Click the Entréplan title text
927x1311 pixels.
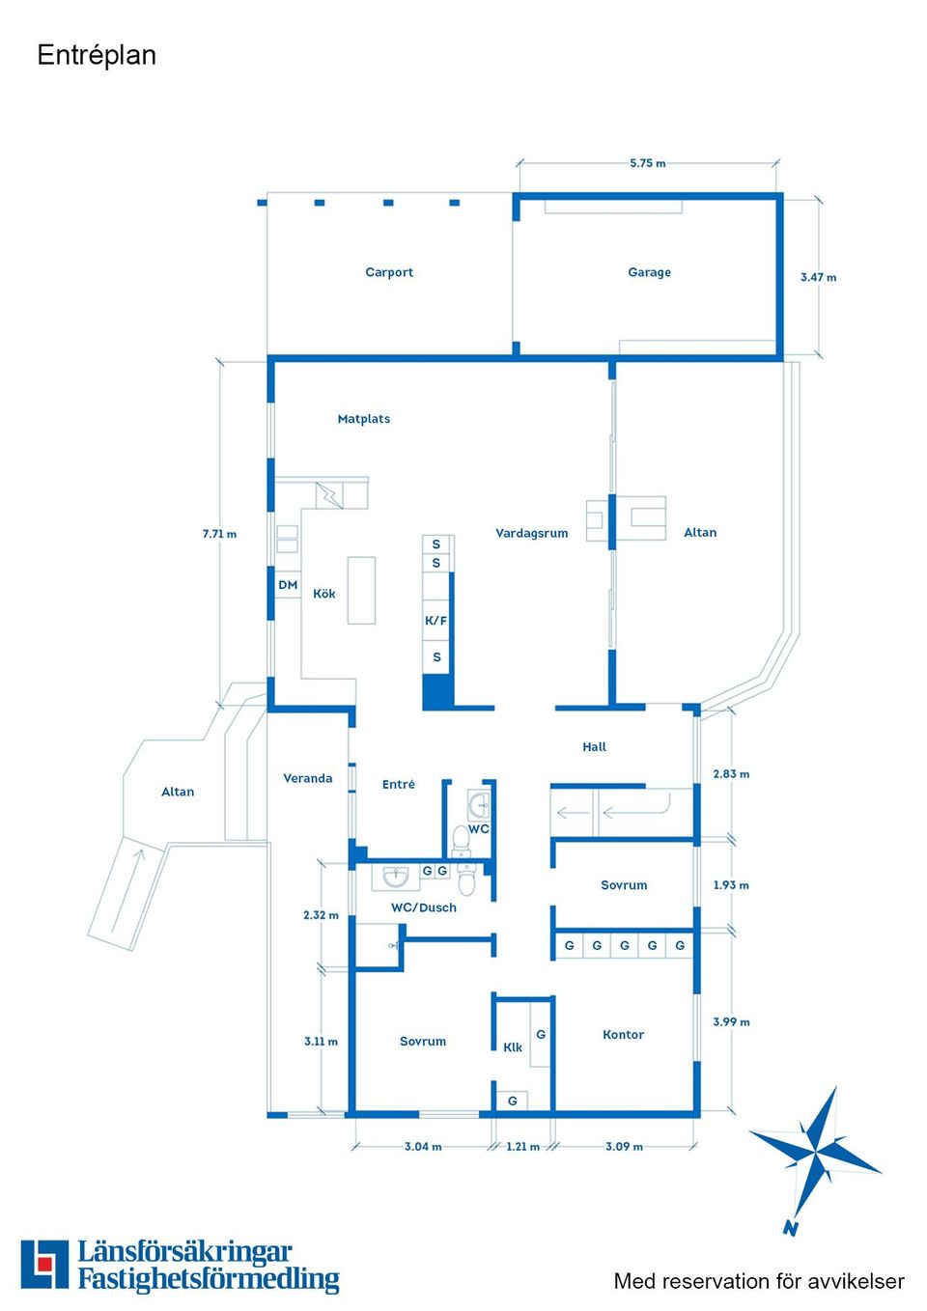click(x=97, y=55)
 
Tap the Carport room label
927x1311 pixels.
click(x=389, y=272)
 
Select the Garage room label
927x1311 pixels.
click(x=649, y=272)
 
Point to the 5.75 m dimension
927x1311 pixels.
click(x=647, y=163)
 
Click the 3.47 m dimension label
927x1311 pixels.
click(x=818, y=277)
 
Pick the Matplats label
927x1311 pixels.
click(x=364, y=419)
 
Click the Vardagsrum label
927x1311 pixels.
click(x=531, y=533)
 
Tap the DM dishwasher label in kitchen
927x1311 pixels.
click(x=288, y=585)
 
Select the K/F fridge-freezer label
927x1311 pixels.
click(x=436, y=621)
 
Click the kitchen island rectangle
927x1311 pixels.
click(x=361, y=590)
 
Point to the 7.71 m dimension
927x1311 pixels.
click(x=219, y=534)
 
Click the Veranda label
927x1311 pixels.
click(x=307, y=778)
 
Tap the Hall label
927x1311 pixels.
click(x=594, y=746)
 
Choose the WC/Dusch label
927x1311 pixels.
click(x=423, y=907)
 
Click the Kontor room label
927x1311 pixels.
click(x=623, y=1034)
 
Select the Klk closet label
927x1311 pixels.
click(x=513, y=1047)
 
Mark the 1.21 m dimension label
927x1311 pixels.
click(x=522, y=1147)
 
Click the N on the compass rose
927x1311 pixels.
click(x=791, y=1229)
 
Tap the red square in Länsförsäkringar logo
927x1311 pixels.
click(x=44, y=1264)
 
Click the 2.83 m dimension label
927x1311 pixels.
click(x=731, y=774)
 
